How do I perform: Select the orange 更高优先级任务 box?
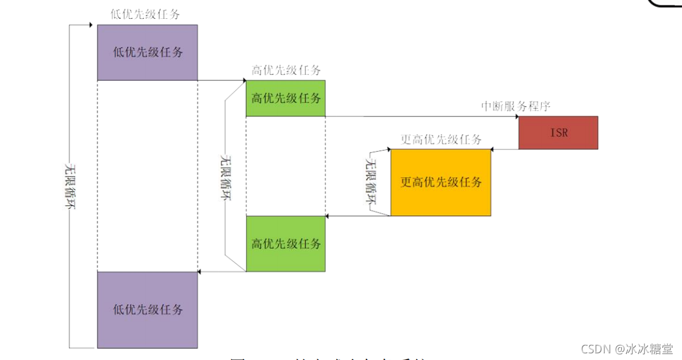[441, 182]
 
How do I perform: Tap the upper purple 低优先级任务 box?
[147, 52]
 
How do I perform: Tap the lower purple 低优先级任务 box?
[147, 310]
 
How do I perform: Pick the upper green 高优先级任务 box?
[285, 98]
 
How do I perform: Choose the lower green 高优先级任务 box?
[285, 243]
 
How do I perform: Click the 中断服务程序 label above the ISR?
[515, 106]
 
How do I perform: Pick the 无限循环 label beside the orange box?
[371, 182]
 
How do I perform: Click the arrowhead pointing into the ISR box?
[516, 117]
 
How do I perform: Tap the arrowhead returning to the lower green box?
[328, 216]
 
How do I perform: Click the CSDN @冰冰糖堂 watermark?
[627, 348]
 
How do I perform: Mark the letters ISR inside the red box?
[559, 132]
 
